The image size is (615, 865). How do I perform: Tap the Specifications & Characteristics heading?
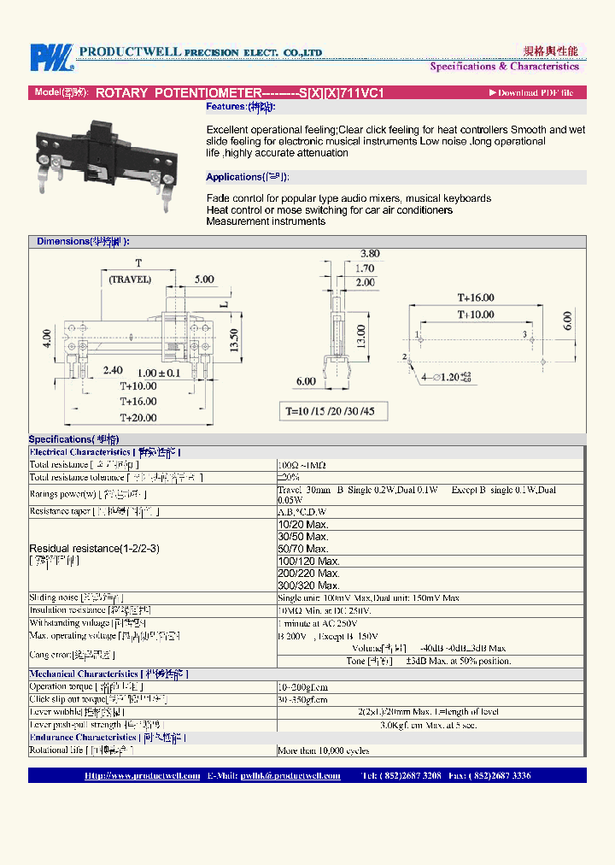click(504, 67)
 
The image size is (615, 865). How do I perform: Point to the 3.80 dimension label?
click(370, 253)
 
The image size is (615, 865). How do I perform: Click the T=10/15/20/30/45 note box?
click(336, 411)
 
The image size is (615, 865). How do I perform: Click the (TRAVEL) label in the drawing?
click(130, 280)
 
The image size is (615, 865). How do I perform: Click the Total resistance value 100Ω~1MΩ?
click(302, 465)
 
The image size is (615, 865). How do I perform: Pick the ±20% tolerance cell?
click(288, 478)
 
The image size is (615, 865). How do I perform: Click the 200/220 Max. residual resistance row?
click(309, 574)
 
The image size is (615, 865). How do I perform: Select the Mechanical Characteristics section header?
click(108, 674)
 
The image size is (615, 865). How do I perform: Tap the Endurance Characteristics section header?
click(108, 737)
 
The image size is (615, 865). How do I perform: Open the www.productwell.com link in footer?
click(142, 776)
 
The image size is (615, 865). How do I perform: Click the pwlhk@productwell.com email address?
click(290, 776)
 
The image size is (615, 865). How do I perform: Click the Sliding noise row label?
click(76, 598)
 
